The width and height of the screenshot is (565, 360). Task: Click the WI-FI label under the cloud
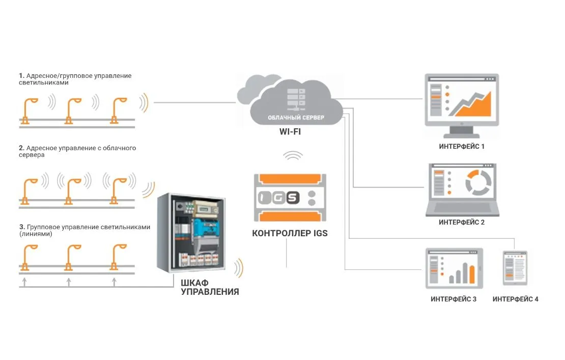point(291,131)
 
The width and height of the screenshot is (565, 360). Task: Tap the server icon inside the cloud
point(296,97)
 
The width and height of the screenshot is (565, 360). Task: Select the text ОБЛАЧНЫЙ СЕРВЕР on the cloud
point(296,118)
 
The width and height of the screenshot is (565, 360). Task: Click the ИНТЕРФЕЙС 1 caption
point(462,146)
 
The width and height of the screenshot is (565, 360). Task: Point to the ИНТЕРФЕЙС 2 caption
point(462,223)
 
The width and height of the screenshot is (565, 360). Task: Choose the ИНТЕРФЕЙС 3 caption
point(454,299)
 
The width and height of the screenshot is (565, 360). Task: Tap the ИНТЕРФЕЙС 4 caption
point(515,299)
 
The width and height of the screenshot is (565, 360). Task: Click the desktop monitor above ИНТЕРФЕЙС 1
point(462,101)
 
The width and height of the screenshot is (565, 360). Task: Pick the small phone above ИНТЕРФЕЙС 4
point(515,268)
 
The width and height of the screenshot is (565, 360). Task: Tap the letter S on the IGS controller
point(293,198)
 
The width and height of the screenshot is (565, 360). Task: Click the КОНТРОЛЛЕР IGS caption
point(290,234)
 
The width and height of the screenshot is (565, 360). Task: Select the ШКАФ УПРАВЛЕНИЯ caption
point(210,287)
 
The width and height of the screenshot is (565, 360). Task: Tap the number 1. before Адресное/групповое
point(21,75)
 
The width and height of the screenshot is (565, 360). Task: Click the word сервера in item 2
point(32,155)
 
